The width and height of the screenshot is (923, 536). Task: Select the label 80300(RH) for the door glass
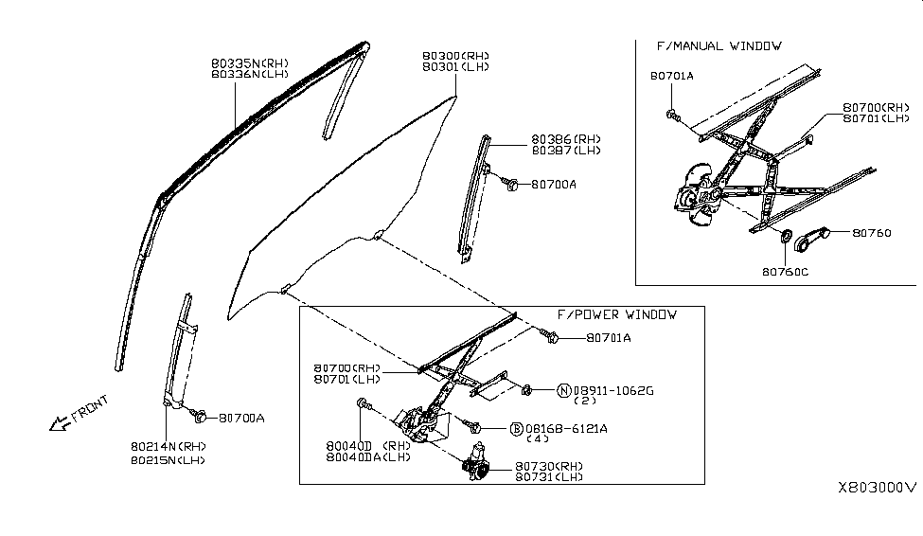[455, 56]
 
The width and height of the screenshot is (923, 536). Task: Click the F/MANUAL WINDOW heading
[719, 45]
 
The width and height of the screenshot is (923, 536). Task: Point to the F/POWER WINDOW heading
[616, 314]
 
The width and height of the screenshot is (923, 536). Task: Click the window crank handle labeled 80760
[811, 241]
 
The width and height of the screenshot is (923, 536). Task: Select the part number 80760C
[786, 271]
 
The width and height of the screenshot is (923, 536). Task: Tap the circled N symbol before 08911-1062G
[563, 389]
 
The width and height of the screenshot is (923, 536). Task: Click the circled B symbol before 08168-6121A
[517, 428]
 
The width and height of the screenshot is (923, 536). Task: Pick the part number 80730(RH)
[549, 466]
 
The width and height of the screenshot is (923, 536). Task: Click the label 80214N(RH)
[169, 445]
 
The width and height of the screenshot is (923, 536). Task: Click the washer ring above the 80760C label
[785, 235]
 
